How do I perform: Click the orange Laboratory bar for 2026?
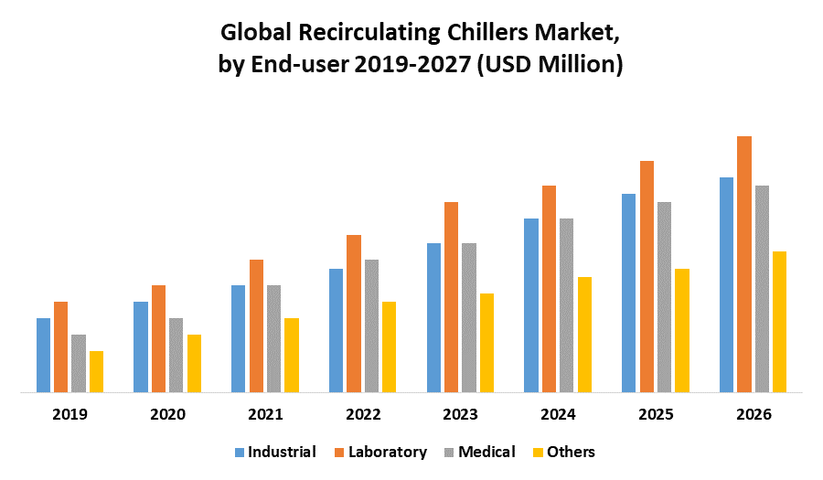[x=744, y=264]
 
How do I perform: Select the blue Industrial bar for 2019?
[x=43, y=355]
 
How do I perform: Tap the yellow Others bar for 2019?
[x=96, y=371]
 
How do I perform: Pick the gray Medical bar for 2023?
[x=468, y=317]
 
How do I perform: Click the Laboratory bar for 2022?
[x=353, y=314]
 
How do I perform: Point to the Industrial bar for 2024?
[x=530, y=305]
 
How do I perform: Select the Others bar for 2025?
[x=682, y=330]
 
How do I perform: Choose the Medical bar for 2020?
[x=176, y=355]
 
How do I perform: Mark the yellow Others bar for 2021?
[x=292, y=355]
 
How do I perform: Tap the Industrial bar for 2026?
[x=726, y=284]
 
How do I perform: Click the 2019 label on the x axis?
[x=69, y=414]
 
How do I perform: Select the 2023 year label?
[x=460, y=414]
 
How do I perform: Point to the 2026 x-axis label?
[x=753, y=414]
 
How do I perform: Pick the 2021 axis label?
[x=265, y=414]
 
